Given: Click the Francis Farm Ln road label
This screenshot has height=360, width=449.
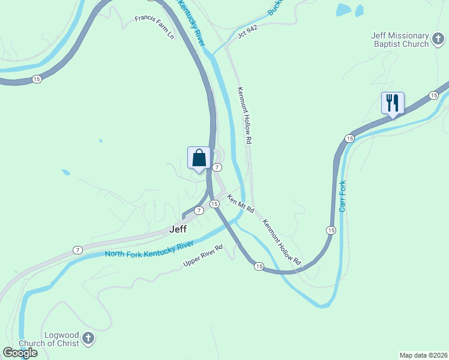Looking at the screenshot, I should (154, 27).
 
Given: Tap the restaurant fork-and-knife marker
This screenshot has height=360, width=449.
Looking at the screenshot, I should (393, 103).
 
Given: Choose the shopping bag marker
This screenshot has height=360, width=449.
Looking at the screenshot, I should (199, 158).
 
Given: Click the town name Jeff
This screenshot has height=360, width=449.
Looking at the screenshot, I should (178, 229).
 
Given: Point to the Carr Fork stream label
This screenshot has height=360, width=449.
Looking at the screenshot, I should (342, 196).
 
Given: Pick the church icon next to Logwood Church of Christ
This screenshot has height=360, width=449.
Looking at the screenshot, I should (88, 339).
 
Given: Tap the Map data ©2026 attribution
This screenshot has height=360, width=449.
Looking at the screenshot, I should (424, 355).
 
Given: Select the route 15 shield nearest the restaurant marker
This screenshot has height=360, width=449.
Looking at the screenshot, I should (433, 95).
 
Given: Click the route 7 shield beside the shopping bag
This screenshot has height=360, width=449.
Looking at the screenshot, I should (217, 167).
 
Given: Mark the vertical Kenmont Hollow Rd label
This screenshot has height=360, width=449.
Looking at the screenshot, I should (244, 115).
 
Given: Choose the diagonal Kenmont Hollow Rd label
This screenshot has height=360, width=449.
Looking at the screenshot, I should (282, 242).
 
